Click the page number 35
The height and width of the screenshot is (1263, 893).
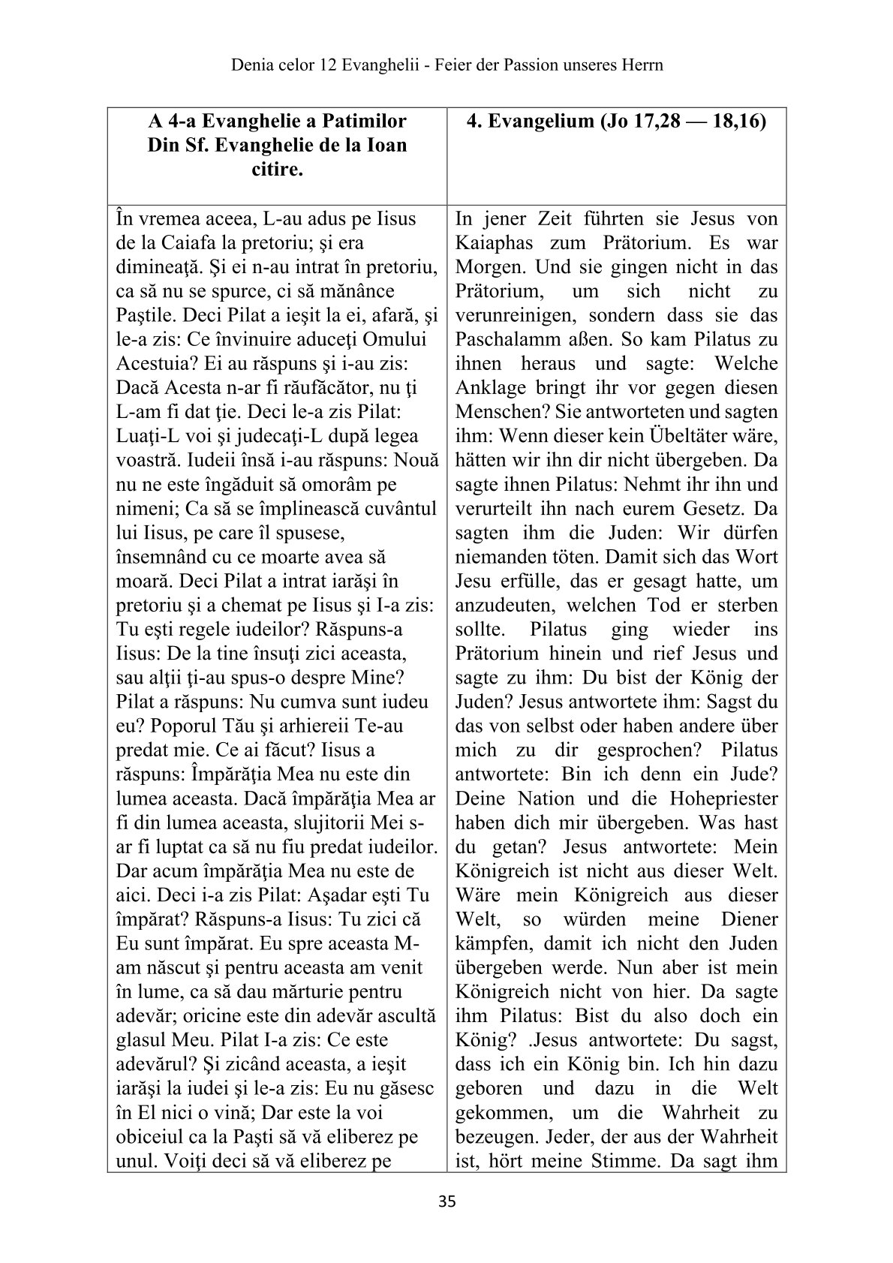tap(446, 1202)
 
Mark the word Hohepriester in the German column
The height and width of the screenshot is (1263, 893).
tap(726, 798)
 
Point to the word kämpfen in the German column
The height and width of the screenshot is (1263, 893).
tap(489, 943)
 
